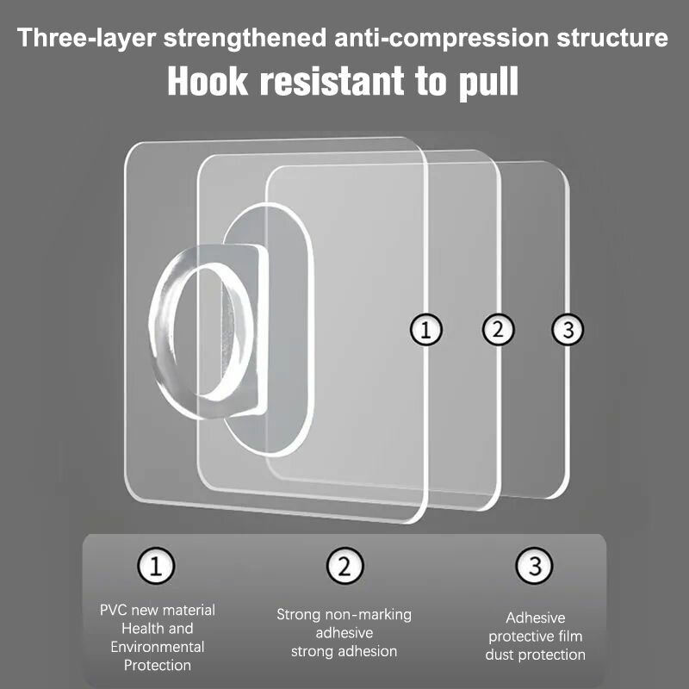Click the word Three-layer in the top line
[87, 38]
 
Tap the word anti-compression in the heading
[441, 37]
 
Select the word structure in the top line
[612, 37]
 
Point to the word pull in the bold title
[488, 83]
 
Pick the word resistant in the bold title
[332, 81]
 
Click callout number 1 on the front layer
[425, 330]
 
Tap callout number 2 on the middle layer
[498, 329]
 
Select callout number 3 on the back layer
[568, 329]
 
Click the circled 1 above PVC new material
[156, 566]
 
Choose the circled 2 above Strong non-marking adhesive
[345, 566]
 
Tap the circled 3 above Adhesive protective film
[534, 566]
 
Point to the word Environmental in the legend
[158, 647]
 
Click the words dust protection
[535, 655]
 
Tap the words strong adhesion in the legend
[344, 651]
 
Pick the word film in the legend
[569, 636]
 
